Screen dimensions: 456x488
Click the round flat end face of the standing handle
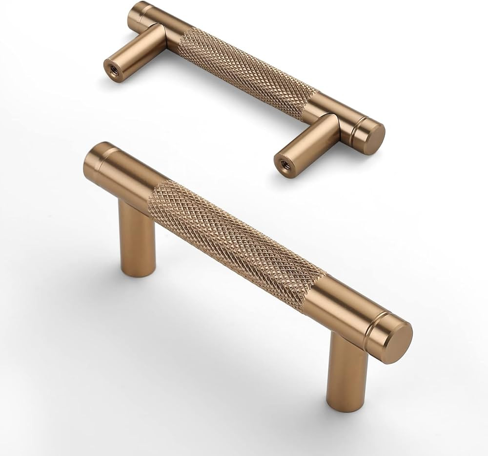(x=396, y=342)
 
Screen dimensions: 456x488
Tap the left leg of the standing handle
(x=137, y=239)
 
